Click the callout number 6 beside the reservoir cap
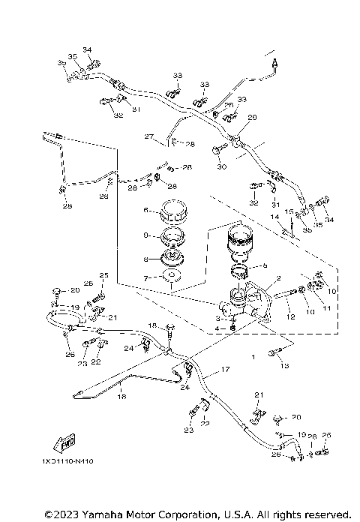[147, 210]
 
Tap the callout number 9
[147, 235]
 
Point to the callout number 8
[147, 259]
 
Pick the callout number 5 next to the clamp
[263, 265]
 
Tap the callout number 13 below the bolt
[283, 365]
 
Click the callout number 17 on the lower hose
[223, 370]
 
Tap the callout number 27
[148, 136]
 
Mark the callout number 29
[252, 117]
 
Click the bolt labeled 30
[217, 151]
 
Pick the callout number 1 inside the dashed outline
[253, 358]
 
